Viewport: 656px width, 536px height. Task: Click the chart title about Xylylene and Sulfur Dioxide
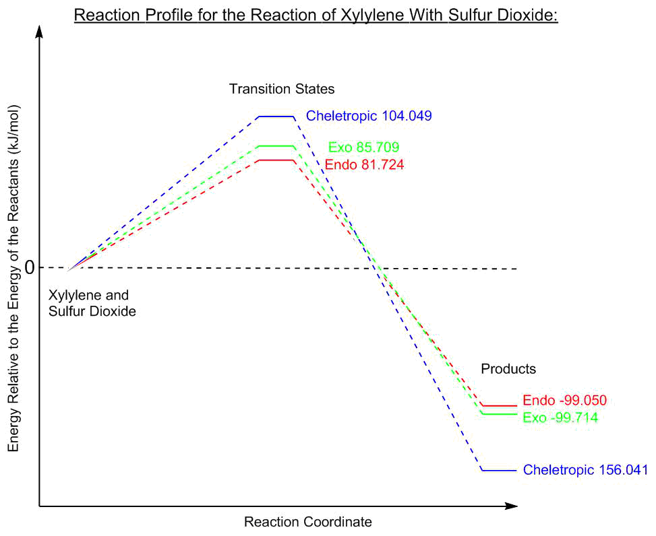316,14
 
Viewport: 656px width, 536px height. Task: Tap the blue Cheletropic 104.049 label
369,116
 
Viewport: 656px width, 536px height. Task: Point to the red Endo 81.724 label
364,164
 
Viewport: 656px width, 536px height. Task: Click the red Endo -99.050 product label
565,400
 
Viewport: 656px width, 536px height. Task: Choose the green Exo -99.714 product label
561,417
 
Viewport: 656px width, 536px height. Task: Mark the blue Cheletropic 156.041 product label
585,470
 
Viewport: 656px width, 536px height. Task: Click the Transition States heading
282,89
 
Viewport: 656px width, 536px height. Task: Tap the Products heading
508,369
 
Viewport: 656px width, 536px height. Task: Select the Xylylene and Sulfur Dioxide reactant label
92,304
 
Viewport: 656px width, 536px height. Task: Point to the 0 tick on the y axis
29,268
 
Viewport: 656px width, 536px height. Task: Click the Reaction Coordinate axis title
307,522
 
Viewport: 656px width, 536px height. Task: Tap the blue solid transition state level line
276,116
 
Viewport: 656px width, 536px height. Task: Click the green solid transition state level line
276,146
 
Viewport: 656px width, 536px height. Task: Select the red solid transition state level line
276,160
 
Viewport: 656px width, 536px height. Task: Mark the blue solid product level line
500,470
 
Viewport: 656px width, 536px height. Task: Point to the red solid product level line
500,406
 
